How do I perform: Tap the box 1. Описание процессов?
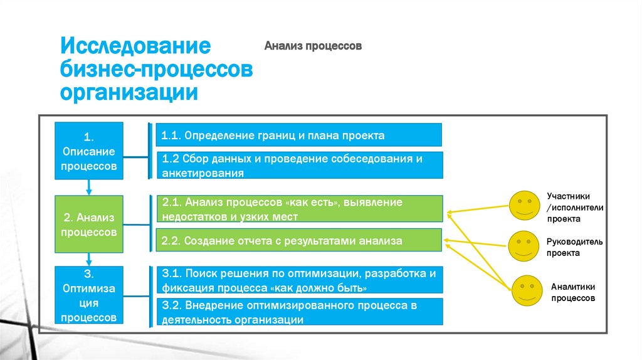pyautogui.click(x=89, y=151)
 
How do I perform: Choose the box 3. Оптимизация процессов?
pyautogui.click(x=89, y=295)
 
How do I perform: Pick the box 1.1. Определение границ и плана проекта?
pyautogui.click(x=298, y=135)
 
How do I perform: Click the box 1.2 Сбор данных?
pyautogui.click(x=298, y=165)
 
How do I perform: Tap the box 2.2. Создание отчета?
pyautogui.click(x=298, y=240)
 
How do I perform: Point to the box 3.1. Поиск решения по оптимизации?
pyautogui.click(x=298, y=280)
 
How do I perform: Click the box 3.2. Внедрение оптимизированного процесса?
pyautogui.click(x=298, y=312)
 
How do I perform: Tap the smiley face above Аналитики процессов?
pyautogui.click(x=527, y=289)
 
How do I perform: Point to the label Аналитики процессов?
pyautogui.click(x=573, y=292)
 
